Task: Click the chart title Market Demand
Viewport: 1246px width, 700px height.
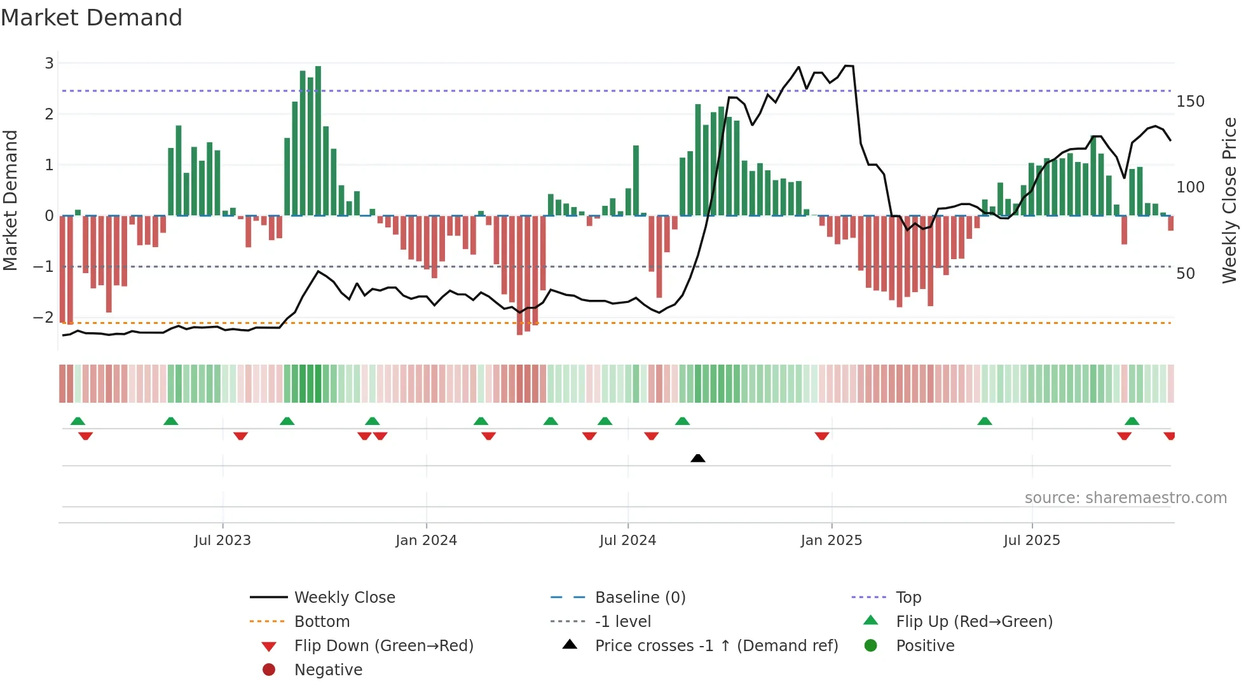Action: coord(92,18)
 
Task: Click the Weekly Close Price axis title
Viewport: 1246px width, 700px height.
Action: coord(1229,200)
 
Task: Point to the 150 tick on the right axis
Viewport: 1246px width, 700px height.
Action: coord(1190,102)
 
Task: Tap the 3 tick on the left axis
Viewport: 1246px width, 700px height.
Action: coord(49,64)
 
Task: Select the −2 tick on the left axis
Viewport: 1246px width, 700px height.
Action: coord(44,318)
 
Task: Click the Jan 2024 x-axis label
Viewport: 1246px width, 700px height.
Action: coord(426,541)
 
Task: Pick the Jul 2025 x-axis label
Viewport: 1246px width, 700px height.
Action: coord(1032,541)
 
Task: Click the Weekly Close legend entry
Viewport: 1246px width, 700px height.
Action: coord(344,598)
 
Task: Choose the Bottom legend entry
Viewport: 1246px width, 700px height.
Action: coord(322,622)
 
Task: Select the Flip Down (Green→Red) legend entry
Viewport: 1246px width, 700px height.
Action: coord(383,646)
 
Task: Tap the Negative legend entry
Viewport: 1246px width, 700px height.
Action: coord(328,670)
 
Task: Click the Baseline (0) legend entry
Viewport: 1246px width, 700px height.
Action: coord(640,598)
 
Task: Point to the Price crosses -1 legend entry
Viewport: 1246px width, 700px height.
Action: coord(716,646)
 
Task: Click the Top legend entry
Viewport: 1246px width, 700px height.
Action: coord(908,598)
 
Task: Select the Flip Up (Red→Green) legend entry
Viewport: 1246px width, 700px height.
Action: coord(974,622)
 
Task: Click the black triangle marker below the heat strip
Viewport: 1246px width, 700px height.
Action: coord(698,458)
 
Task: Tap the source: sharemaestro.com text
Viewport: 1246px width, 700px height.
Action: coord(1125,498)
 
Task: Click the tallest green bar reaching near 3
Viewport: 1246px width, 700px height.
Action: coord(318,140)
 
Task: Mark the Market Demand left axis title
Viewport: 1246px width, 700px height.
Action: coord(10,200)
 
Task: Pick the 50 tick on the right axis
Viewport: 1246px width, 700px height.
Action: coord(1186,274)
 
